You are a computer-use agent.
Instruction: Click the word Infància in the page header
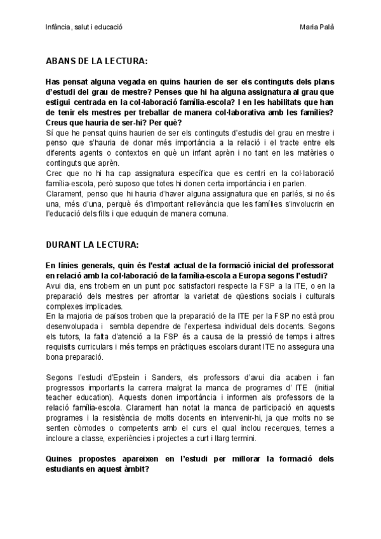58,27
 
